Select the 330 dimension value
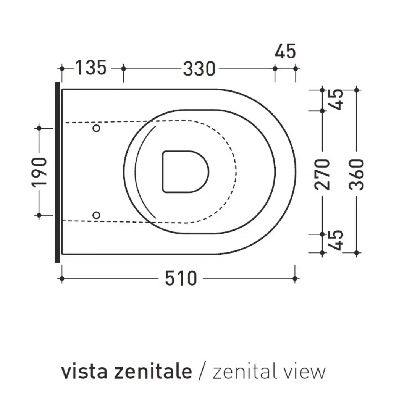(x=199, y=69)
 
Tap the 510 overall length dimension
(x=181, y=278)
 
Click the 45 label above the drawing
(x=285, y=52)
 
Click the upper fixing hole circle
(x=97, y=128)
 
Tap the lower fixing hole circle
(x=97, y=216)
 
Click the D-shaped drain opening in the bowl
(x=185, y=171)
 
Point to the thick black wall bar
(x=57, y=172)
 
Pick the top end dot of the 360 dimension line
(x=356, y=90)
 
